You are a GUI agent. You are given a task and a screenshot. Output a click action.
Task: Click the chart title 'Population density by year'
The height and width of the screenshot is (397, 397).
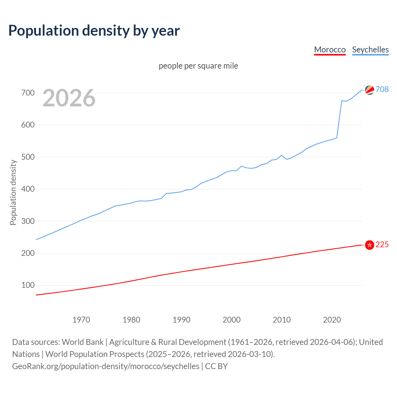coord(94,30)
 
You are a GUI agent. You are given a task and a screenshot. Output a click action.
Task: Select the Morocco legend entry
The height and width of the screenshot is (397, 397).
coord(330,50)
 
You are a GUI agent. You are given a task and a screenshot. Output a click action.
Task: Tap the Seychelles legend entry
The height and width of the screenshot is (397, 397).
coord(370,50)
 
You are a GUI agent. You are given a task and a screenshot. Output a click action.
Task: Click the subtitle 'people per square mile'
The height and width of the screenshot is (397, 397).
coord(198,66)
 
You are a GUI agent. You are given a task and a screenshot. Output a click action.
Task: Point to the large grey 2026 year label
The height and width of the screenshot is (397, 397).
coord(69,98)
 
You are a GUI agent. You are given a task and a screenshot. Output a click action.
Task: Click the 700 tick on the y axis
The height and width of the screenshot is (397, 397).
coord(28,93)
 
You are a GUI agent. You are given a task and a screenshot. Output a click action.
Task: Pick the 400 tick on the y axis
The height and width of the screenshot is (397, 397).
coord(28,189)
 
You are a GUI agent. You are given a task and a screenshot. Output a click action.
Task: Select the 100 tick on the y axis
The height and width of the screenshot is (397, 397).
coord(28,285)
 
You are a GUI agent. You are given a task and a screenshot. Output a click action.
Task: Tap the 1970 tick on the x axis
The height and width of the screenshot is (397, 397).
coord(81,319)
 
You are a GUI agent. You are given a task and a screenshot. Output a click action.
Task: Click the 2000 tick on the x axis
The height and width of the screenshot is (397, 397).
coord(232,319)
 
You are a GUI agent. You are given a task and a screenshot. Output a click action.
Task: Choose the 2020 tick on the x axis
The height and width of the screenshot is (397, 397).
coord(332,319)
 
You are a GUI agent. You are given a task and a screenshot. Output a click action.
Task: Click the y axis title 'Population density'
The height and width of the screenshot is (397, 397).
coord(13,192)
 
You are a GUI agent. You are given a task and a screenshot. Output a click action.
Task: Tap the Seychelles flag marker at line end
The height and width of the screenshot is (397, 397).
coord(369,90)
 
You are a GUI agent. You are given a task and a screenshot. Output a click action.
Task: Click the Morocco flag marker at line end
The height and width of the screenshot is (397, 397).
coord(369,245)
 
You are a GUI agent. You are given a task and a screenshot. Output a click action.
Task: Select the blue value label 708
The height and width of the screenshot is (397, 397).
coord(382,89)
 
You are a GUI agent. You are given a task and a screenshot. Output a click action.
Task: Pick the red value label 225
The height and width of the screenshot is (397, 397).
coord(382,244)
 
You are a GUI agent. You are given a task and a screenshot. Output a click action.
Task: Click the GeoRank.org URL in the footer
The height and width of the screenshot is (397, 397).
coord(105,366)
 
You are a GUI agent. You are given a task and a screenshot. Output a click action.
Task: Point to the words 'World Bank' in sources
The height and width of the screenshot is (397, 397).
coord(83,342)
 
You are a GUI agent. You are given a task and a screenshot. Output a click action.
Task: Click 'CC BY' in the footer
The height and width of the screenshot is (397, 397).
coord(216,366)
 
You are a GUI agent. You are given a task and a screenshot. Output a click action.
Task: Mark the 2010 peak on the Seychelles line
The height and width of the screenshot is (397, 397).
coord(282,155)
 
